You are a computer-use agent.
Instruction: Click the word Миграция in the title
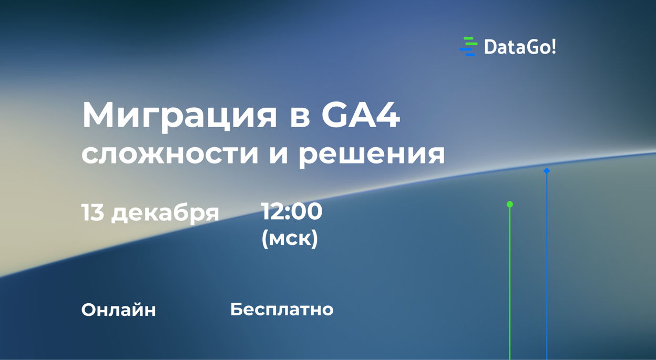(x=179, y=117)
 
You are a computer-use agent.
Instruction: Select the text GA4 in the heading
(x=361, y=115)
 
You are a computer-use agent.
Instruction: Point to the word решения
(x=371, y=155)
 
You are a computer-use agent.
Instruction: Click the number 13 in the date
(x=93, y=212)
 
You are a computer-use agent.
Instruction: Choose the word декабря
(x=165, y=213)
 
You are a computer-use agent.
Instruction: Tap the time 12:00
(x=292, y=211)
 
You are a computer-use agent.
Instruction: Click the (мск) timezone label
(x=290, y=239)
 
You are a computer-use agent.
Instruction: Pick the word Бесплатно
(x=282, y=310)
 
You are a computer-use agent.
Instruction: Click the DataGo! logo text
(x=520, y=47)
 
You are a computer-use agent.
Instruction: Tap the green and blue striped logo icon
(x=468, y=46)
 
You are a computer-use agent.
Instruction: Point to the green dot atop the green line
(x=509, y=204)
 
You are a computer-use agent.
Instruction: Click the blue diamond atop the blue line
(x=547, y=170)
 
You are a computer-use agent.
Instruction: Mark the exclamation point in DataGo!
(x=553, y=47)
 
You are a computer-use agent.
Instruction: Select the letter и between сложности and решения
(x=278, y=155)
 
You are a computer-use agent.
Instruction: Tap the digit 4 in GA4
(x=387, y=115)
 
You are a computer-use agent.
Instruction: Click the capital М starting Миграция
(x=100, y=115)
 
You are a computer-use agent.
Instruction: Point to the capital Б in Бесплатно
(x=237, y=310)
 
